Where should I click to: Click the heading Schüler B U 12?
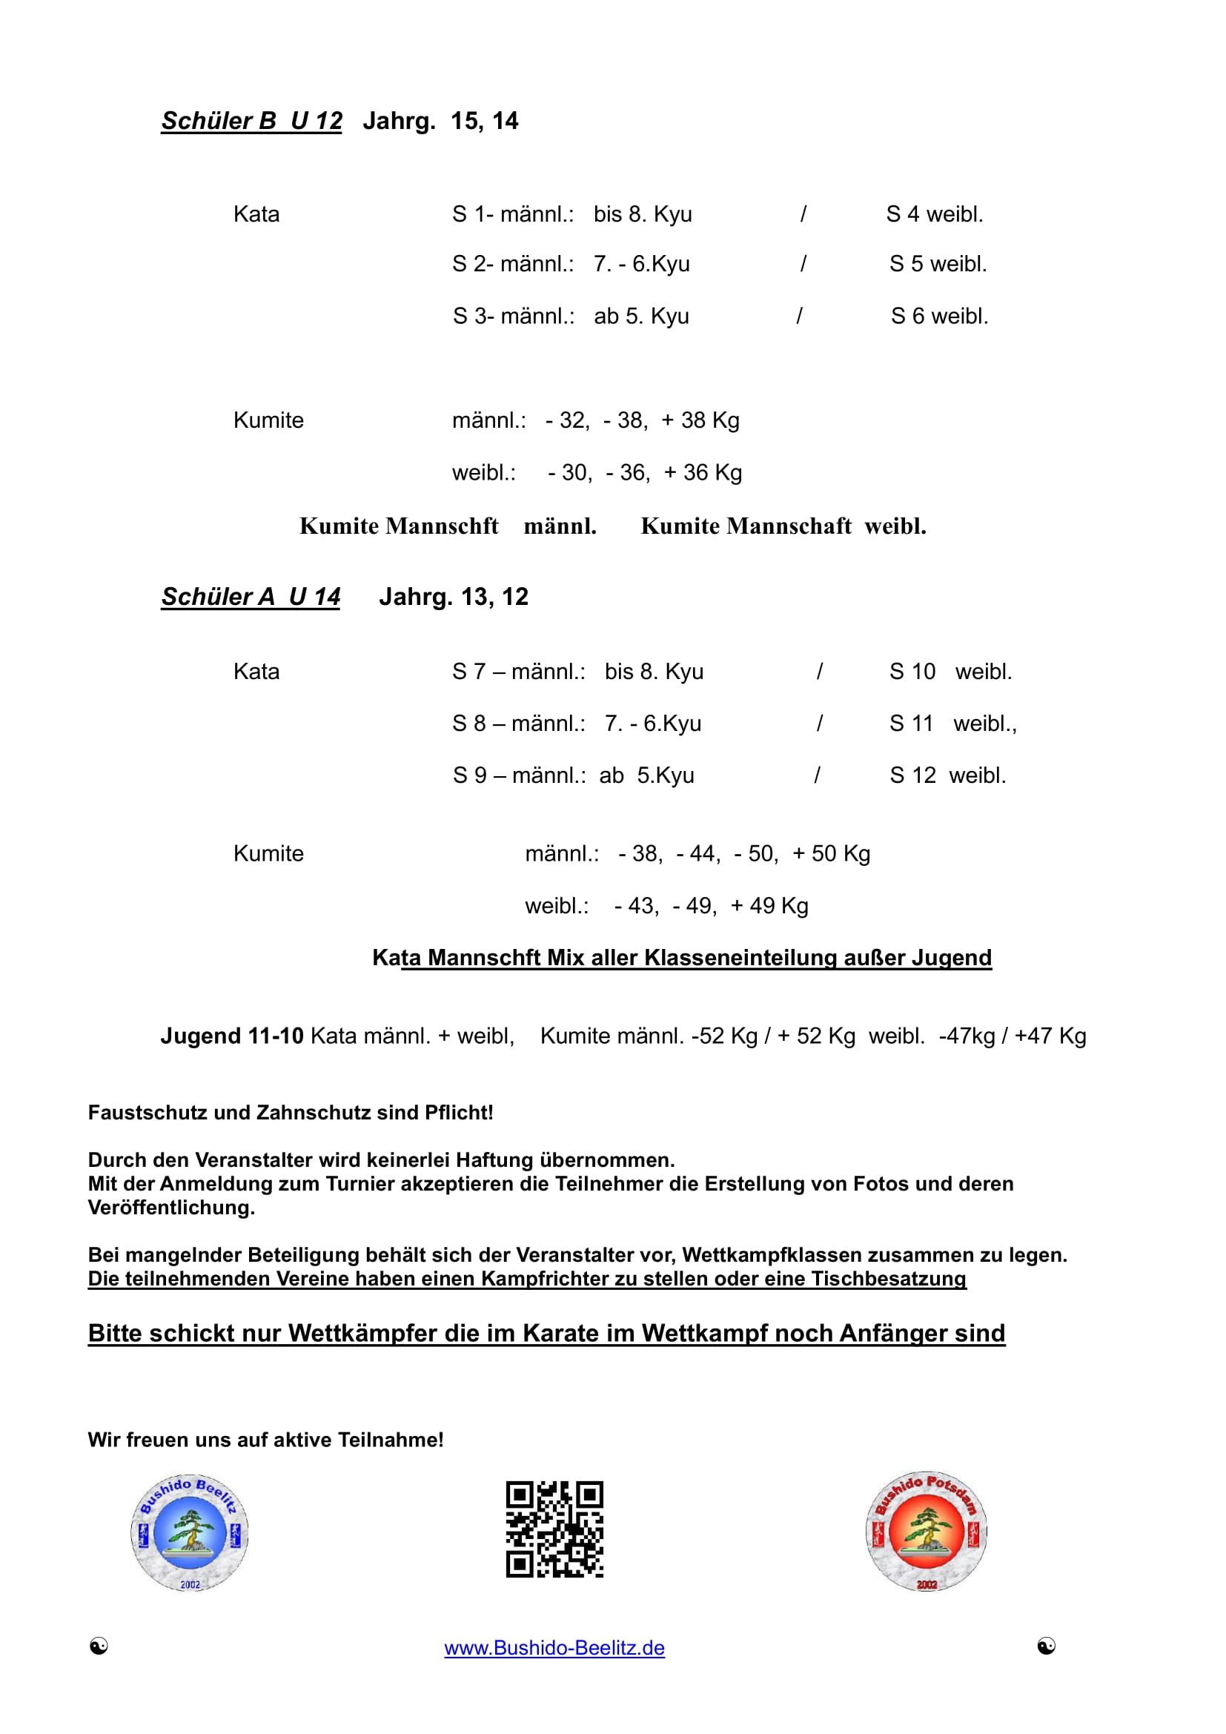tap(251, 121)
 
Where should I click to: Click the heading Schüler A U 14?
tap(251, 597)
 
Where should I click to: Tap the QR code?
tap(554, 1529)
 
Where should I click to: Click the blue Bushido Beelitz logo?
tap(190, 1533)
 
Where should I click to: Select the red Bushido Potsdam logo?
tap(927, 1532)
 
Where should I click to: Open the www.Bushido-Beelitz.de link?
tap(554, 1648)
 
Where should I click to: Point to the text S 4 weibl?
tap(935, 214)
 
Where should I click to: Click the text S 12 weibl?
tap(947, 775)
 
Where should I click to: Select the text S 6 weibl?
tap(939, 317)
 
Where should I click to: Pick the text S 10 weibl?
tap(950, 672)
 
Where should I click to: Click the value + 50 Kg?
tap(831, 854)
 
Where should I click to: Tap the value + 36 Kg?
tap(703, 473)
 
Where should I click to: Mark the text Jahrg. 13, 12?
tap(453, 597)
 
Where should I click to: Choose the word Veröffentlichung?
tap(171, 1208)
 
